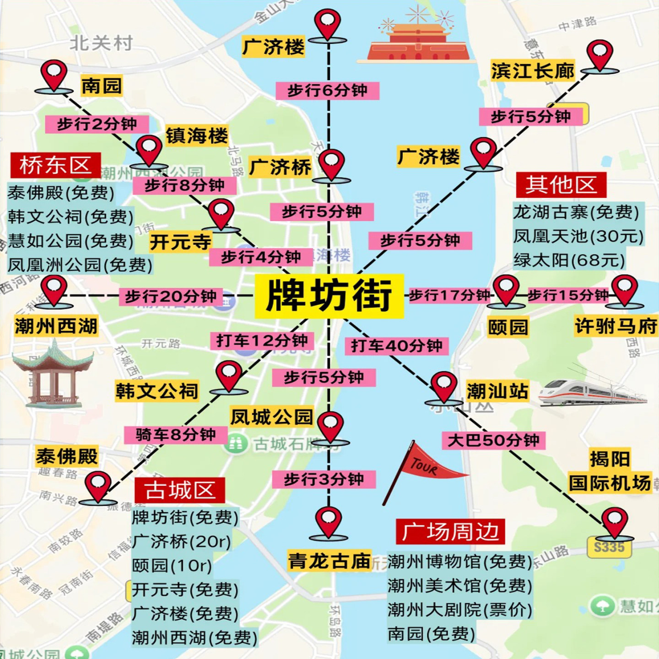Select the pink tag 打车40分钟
[396, 346]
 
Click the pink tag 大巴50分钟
[493, 440]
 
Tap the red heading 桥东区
[55, 165]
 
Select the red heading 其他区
[561, 185]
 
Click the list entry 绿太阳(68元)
[569, 260]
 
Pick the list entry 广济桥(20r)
[181, 541]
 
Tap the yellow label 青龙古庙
[329, 561]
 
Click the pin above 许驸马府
[625, 290]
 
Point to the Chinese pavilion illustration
[53, 373]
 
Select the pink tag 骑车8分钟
[176, 435]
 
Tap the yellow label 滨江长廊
[533, 71]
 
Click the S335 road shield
[609, 547]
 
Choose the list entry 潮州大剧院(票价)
[459, 610]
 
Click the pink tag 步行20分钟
[171, 297]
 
